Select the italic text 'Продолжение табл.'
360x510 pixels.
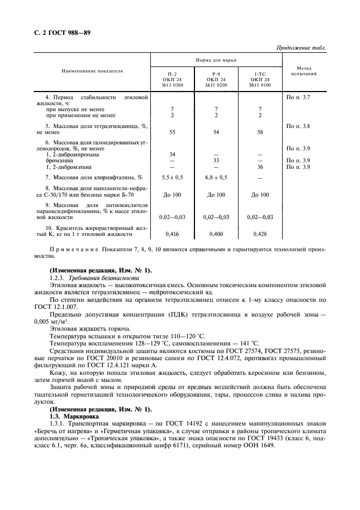coord(301,48)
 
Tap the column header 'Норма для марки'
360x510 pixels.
coord(216,60)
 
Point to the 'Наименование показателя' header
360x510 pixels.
coord(92,71)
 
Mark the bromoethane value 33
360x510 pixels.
coord(216,161)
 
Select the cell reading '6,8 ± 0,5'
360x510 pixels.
coord(216,178)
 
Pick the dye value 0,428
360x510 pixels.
coord(260,234)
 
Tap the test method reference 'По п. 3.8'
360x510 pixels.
coord(298,126)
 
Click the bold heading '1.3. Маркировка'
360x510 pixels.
coord(75,415)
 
